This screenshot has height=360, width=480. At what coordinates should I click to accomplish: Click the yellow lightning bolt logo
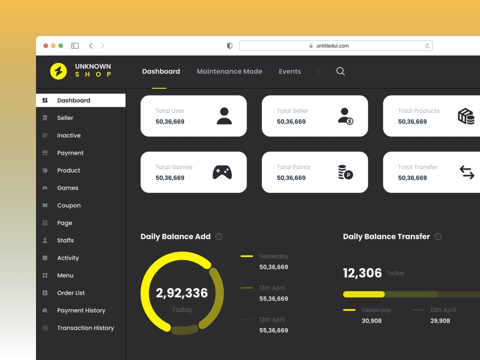point(59,72)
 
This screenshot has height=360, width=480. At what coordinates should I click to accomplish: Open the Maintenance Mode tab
point(229,72)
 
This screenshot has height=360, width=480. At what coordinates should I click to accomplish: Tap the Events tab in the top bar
point(290,72)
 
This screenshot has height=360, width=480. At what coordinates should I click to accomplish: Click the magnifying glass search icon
point(340,72)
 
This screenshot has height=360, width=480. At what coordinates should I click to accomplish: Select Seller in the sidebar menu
point(65,118)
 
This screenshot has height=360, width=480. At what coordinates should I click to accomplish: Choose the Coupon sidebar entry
point(69,205)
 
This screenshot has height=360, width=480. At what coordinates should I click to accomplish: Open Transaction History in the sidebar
point(85,328)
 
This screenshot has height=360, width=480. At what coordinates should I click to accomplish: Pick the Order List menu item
point(71,293)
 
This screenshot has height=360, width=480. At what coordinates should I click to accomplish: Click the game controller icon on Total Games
point(222,172)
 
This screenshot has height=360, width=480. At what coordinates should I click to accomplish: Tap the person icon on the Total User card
point(224,116)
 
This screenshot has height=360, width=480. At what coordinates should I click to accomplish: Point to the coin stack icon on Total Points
point(345,172)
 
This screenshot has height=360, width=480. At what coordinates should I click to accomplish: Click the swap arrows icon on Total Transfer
point(467,172)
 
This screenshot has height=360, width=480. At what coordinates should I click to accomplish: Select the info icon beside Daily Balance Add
point(219,237)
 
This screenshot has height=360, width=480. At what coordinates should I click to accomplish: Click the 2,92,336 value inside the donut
point(182,293)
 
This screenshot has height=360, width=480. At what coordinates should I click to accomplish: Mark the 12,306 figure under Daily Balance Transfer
point(362,273)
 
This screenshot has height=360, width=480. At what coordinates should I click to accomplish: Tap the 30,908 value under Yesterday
point(372,321)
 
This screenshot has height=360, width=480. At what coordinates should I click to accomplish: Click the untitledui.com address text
point(332,46)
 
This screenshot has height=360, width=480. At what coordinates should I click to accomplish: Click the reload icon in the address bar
point(427,46)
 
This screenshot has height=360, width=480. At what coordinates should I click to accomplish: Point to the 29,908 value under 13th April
point(440,321)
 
